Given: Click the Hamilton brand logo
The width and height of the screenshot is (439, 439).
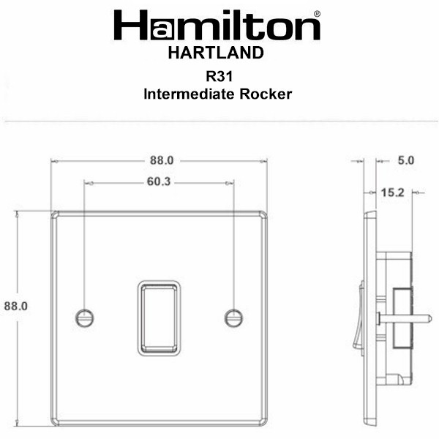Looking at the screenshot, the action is tap(217, 25).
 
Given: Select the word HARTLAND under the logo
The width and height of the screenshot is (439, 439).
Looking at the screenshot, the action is tap(216, 53).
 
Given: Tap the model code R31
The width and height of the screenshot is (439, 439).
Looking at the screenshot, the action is tap(219, 76).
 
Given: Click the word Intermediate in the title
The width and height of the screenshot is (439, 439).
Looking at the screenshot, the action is tap(189, 94).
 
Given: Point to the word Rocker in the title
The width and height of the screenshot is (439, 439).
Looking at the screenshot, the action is tap(266, 94).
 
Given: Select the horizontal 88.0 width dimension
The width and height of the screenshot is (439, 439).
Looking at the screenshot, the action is tap(162, 160).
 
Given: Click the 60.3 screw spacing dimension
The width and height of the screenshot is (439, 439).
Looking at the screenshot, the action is tap(159, 181).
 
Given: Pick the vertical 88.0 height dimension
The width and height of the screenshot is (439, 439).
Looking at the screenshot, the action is tap(16, 306).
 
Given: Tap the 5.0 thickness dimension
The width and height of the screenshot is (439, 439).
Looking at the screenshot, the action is tap(406, 160).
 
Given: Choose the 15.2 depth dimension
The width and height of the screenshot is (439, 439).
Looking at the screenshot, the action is tap(392, 192).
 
